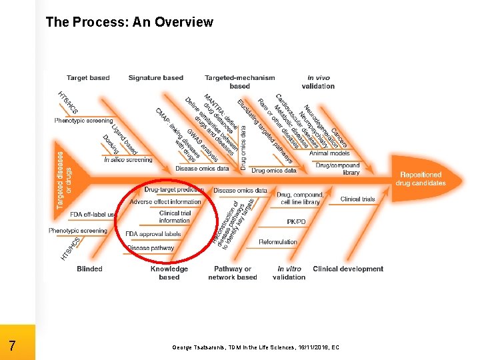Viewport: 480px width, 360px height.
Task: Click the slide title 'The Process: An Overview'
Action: [129, 22]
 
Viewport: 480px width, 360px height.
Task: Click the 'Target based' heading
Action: [88, 78]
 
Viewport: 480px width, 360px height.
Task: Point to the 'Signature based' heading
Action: [155, 78]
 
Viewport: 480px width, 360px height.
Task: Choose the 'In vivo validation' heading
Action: [318, 81]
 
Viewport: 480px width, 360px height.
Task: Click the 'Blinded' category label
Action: [89, 269]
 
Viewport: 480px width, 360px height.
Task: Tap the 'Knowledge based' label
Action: [169, 273]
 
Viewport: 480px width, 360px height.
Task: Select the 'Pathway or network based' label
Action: [233, 273]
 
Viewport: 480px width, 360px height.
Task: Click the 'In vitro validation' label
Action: [289, 273]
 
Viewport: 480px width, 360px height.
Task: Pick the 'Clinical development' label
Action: [348, 269]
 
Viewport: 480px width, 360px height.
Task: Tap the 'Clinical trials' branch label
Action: [358, 199]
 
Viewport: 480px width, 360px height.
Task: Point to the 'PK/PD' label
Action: [297, 221]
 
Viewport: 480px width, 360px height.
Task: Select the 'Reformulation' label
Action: [278, 242]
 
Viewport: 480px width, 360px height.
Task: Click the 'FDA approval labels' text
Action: [153, 234]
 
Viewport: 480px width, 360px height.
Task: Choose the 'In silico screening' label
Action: [128, 159]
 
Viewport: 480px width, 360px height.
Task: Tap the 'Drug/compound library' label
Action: [337, 169]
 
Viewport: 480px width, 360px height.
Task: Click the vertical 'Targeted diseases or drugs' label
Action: [65, 179]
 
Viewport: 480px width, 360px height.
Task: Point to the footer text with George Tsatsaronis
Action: [255, 347]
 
